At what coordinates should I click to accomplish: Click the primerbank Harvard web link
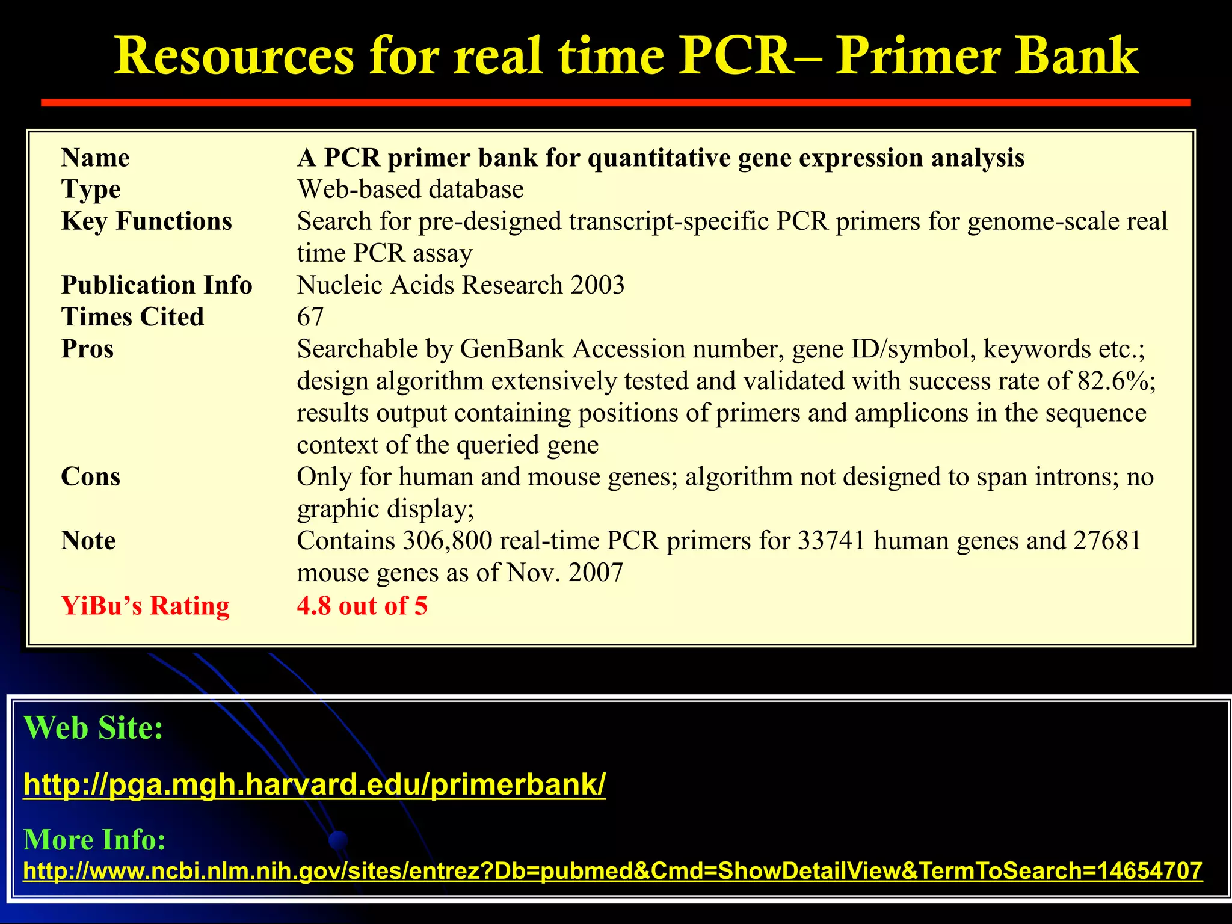pyautogui.click(x=314, y=784)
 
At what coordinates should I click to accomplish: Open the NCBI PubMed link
pyautogui.click(x=612, y=870)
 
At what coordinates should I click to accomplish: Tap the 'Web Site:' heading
pyautogui.click(x=93, y=728)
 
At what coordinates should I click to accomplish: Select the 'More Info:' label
pyautogui.click(x=94, y=839)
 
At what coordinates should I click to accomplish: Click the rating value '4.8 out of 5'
pyautogui.click(x=362, y=605)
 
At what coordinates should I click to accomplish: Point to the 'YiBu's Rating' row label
pyautogui.click(x=145, y=605)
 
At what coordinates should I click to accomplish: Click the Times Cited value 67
pyautogui.click(x=310, y=317)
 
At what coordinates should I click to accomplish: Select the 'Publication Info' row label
pyautogui.click(x=156, y=285)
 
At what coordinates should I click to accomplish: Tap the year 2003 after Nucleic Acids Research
pyautogui.click(x=597, y=285)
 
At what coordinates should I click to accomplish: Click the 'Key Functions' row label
pyautogui.click(x=146, y=221)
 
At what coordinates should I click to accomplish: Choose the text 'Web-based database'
pyautogui.click(x=410, y=189)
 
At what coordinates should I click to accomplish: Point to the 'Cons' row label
pyautogui.click(x=90, y=477)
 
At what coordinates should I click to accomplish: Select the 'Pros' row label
pyautogui.click(x=87, y=349)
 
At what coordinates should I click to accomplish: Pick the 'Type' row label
pyautogui.click(x=91, y=189)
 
